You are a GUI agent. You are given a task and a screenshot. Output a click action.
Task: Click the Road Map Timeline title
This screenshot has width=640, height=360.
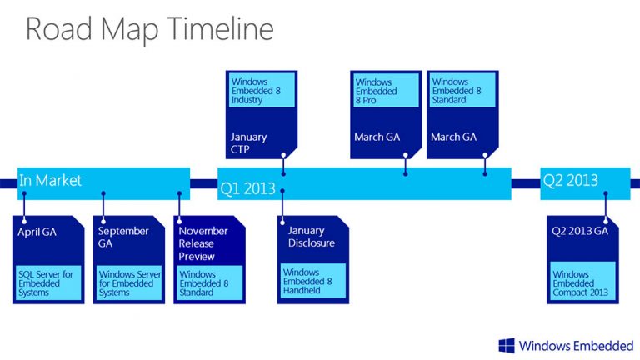tap(149, 29)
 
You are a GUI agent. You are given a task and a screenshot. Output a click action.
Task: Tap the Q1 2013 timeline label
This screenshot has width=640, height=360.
tap(247, 189)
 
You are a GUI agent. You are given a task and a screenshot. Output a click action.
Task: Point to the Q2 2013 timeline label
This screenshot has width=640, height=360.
tap(570, 179)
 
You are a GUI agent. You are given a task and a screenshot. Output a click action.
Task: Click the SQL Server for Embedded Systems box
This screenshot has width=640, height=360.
tap(48, 282)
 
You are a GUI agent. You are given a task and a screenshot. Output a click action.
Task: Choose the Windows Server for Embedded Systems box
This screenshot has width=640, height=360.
tap(129, 282)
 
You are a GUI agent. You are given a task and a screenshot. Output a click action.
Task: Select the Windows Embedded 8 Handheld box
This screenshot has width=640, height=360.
tap(312, 282)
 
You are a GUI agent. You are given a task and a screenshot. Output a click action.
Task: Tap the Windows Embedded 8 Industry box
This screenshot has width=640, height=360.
tap(257, 89)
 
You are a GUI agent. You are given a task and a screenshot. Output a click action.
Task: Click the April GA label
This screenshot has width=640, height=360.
tap(37, 232)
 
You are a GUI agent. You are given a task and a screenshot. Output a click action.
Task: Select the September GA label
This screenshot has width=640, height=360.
tap(123, 237)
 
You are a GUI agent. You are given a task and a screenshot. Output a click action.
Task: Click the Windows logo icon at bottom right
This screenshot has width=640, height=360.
tap(507, 345)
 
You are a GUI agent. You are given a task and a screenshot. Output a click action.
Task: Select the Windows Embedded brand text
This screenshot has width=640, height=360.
tap(576, 345)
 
